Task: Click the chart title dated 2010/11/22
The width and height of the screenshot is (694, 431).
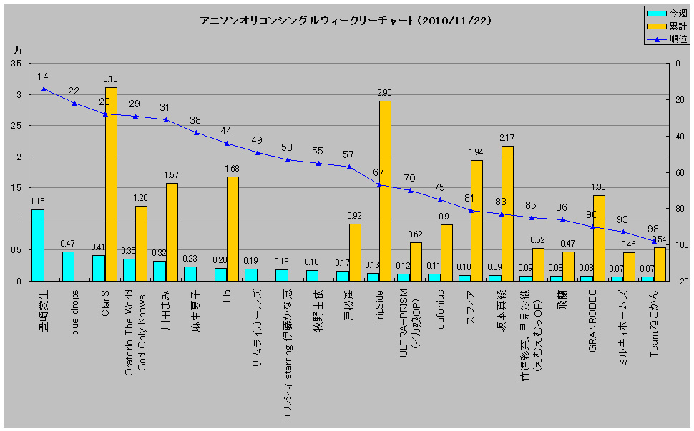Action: click(346, 21)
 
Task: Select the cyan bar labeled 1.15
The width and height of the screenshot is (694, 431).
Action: click(38, 245)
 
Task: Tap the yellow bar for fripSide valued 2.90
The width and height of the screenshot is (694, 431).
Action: click(385, 191)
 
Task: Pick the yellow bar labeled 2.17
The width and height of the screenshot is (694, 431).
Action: click(507, 213)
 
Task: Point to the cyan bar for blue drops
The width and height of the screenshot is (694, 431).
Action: click(68, 266)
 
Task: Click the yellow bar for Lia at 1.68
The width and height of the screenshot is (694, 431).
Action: click(233, 229)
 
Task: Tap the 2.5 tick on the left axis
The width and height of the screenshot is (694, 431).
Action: click(15, 126)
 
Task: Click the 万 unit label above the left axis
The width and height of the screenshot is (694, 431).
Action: click(17, 50)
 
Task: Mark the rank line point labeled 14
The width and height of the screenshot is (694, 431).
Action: click(44, 89)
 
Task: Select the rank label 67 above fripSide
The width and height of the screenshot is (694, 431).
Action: click(378, 172)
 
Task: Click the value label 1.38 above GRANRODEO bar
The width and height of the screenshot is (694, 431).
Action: click(599, 187)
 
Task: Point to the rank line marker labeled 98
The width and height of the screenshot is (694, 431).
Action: click(653, 241)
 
